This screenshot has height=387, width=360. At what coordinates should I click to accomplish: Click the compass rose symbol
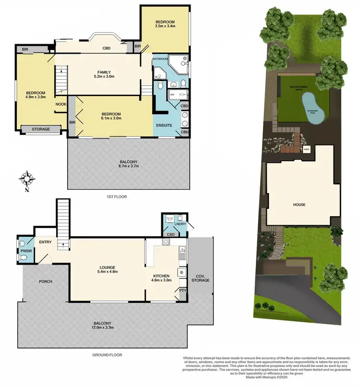pyautogui.click(x=27, y=180)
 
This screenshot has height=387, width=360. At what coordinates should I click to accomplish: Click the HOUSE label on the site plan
pyautogui.click(x=299, y=205)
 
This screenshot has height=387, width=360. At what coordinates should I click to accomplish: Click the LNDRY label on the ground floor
pyautogui.click(x=180, y=223)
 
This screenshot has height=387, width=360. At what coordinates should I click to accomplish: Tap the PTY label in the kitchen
pyautogui.click(x=182, y=290)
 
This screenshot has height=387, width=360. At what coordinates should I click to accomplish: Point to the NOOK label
pyautogui.click(x=60, y=104)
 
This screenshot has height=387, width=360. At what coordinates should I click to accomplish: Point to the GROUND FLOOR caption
pyautogui.click(x=108, y=355)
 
